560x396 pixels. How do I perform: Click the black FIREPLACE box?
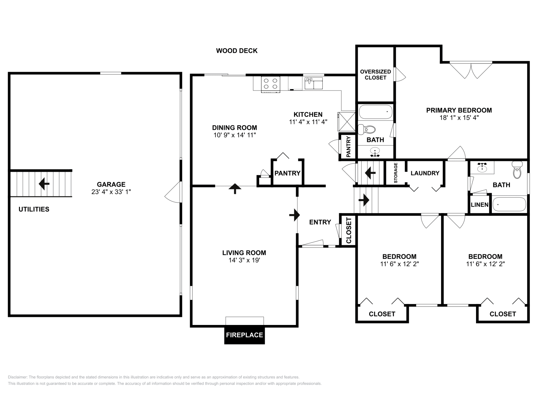tap(244, 335)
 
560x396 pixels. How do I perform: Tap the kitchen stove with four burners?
tap(271, 84)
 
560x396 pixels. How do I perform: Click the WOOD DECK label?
tap(237, 51)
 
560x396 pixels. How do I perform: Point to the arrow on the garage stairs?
tap(44, 183)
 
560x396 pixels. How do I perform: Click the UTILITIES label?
tap(34, 209)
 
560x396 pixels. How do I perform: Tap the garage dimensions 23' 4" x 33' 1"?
tap(111, 192)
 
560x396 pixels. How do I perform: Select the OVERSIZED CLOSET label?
tap(375, 75)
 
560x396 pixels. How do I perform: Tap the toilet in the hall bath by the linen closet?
tap(517, 170)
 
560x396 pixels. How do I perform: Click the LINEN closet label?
tap(479, 205)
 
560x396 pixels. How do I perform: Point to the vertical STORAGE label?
tap(396, 173)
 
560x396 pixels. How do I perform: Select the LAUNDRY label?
tap(425, 173)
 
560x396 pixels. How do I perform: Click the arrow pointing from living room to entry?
tap(294, 215)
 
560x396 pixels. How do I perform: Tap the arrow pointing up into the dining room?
tap(235, 189)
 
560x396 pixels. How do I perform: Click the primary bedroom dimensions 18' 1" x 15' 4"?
tap(459, 118)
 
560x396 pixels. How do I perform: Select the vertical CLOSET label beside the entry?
tap(349, 231)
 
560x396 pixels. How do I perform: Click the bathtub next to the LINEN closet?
tap(509, 205)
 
